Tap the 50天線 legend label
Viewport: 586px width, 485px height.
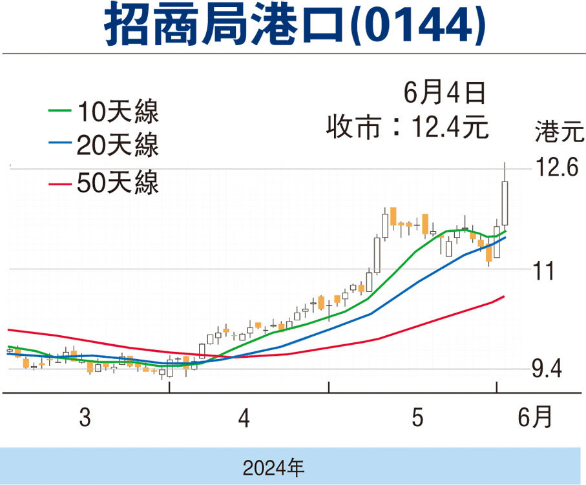click(x=117, y=183)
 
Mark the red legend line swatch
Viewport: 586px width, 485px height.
click(x=61, y=183)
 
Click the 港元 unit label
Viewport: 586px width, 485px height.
click(x=558, y=132)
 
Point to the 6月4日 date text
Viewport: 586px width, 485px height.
click(x=445, y=94)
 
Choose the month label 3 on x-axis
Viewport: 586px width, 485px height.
click(x=84, y=419)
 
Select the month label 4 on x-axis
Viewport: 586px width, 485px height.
click(x=244, y=419)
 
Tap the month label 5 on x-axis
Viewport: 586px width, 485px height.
click(x=418, y=419)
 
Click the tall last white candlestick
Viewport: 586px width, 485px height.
click(x=505, y=203)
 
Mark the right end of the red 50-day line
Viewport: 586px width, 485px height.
click(x=503, y=296)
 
